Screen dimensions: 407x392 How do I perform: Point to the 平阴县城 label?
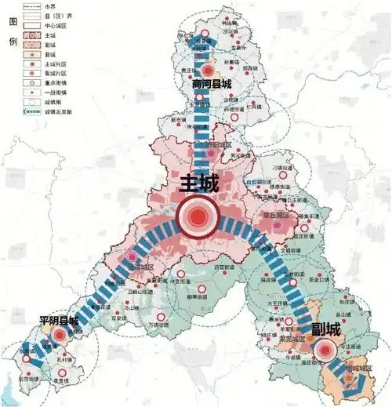click(x=59, y=322)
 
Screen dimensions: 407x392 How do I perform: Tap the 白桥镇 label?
click(x=229, y=100)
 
